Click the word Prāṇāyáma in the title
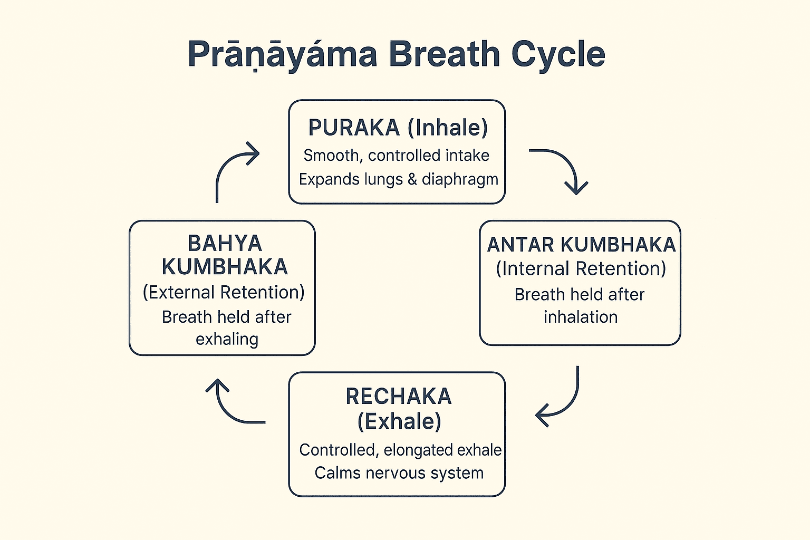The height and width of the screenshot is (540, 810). pos(282,54)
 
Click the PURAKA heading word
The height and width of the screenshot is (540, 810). pos(354,128)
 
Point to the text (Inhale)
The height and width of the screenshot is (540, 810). pos(448,128)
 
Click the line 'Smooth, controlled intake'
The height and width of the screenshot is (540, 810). pos(396,156)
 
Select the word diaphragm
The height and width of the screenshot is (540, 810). pos(460,180)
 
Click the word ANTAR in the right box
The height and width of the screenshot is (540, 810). pos(520,245)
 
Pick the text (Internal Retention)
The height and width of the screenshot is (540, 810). pos(581,269)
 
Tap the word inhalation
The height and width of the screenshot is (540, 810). pos(581,317)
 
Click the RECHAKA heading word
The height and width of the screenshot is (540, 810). pos(399,397)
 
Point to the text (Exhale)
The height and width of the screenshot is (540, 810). pos(399,421)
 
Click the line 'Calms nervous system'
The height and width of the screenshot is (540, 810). pos(399,473)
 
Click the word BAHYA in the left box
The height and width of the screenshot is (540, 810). pos(225,244)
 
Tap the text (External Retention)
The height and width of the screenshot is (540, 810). pos(224,292)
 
